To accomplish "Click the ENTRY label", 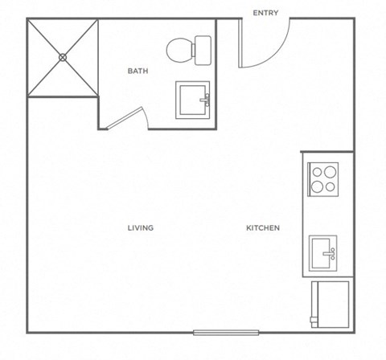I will pyautogui.click(x=265, y=12).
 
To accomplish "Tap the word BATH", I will pyautogui.click(x=138, y=71).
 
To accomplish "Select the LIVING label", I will pyautogui.click(x=140, y=227).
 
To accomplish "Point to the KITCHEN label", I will pyautogui.click(x=263, y=227).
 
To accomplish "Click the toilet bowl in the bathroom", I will pyautogui.click(x=178, y=51).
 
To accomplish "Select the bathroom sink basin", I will pyautogui.click(x=191, y=100).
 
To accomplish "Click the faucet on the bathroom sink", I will pyautogui.click(x=207, y=100).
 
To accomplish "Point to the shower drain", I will pyautogui.click(x=63, y=57).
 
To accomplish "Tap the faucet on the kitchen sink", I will pyautogui.click(x=331, y=253).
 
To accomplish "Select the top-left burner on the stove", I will pyautogui.click(x=318, y=170).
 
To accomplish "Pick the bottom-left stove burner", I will pyautogui.click(x=318, y=186).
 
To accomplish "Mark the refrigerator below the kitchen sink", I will pyautogui.click(x=331, y=303).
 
